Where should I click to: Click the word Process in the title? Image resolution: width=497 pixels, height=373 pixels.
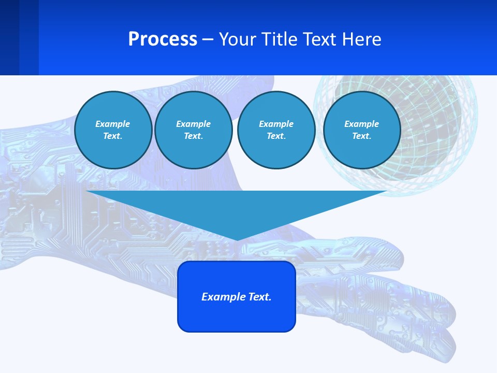click(x=163, y=39)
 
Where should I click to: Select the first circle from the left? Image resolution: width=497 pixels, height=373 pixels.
click(x=113, y=130)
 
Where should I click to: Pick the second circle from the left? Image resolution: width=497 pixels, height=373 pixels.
click(x=193, y=130)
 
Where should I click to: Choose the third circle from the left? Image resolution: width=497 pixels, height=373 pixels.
click(x=276, y=130)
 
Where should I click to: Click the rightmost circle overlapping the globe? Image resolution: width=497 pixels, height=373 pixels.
click(x=361, y=130)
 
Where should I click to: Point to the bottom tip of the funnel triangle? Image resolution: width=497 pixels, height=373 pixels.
click(x=237, y=239)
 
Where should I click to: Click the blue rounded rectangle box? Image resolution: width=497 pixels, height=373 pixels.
click(x=237, y=316)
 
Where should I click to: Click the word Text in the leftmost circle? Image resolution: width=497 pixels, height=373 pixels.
click(x=112, y=136)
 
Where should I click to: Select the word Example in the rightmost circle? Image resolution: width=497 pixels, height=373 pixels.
click(x=361, y=124)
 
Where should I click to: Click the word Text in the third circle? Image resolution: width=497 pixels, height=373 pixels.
click(x=276, y=136)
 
